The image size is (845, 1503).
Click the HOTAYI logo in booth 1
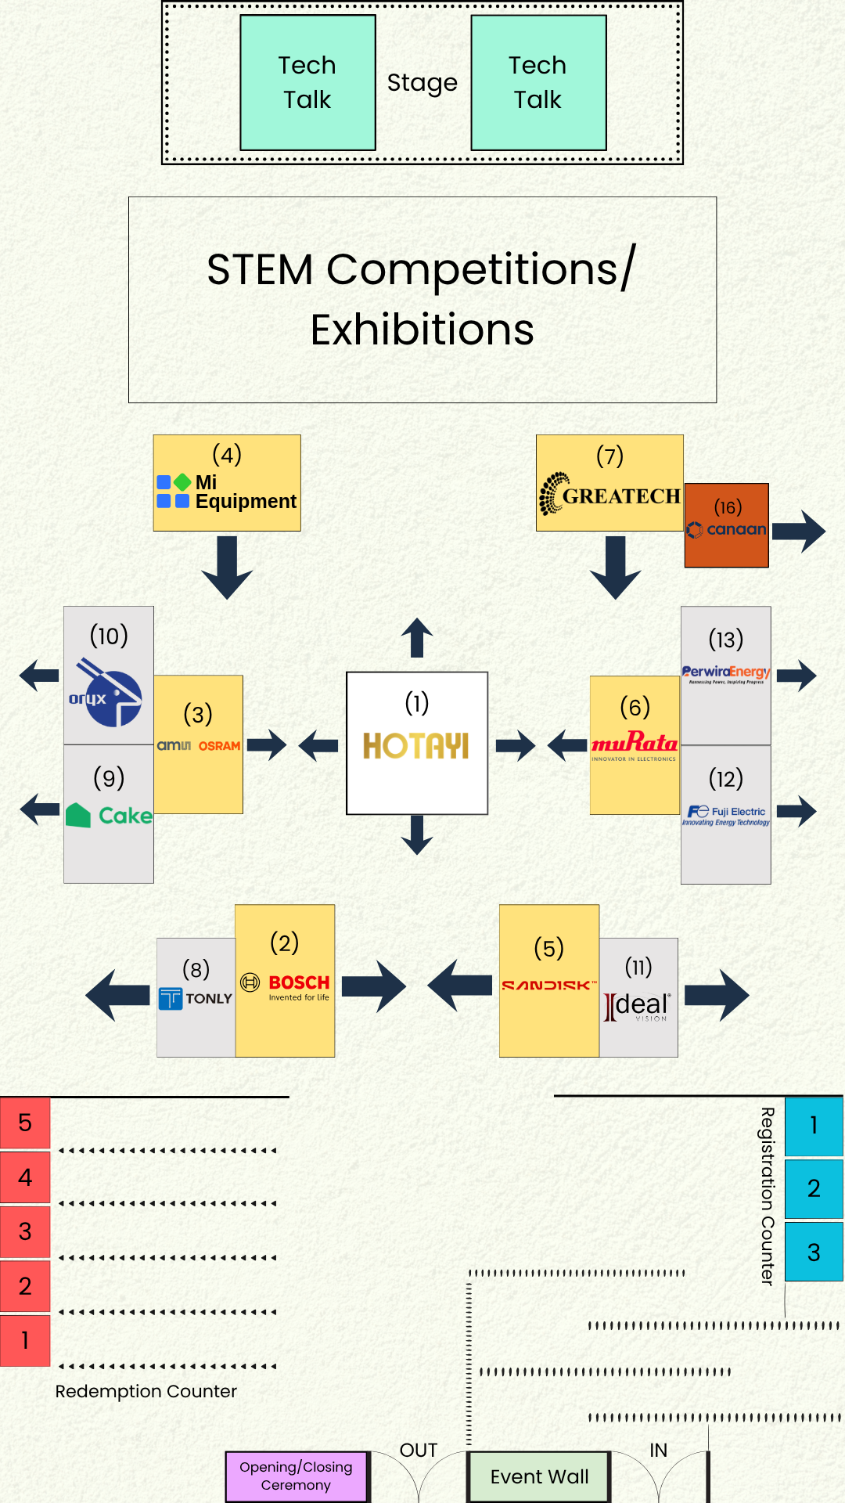point(416,746)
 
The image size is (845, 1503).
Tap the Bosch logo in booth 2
point(286,986)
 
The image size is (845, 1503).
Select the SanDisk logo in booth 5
point(548,986)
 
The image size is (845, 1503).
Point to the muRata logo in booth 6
point(635,744)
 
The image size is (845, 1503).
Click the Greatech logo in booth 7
point(609,495)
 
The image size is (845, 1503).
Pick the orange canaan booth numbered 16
point(726,525)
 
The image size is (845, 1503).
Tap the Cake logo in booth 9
point(109,816)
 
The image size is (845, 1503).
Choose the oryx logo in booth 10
point(108,693)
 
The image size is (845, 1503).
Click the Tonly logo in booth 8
point(196,999)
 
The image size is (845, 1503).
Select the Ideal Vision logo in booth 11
point(638,1007)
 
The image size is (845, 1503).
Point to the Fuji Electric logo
point(726,816)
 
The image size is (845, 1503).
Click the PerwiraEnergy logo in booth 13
point(726,673)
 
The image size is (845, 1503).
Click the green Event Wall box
point(539,1477)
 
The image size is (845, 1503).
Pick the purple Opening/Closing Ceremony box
point(296,1476)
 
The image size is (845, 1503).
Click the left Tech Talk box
point(307,82)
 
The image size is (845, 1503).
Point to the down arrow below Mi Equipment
point(227,568)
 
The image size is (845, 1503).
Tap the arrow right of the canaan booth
point(799,532)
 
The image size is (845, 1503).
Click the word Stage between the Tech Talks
point(422,83)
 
